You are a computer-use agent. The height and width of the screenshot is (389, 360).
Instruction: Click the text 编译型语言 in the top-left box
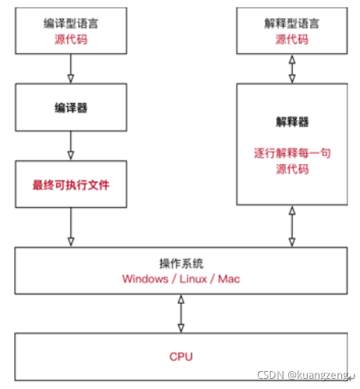[71, 23]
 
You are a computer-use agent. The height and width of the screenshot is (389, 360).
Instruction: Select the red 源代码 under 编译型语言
[71, 37]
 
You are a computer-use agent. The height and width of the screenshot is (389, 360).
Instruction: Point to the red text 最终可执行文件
[71, 184]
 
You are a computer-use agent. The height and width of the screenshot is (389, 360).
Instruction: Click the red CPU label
[180, 356]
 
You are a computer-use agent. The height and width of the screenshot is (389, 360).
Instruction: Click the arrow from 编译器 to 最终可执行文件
[71, 144]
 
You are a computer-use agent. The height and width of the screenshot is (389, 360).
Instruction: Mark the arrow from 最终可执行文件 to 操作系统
[71, 227]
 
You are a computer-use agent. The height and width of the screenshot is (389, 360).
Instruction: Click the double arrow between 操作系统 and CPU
[180, 314]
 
